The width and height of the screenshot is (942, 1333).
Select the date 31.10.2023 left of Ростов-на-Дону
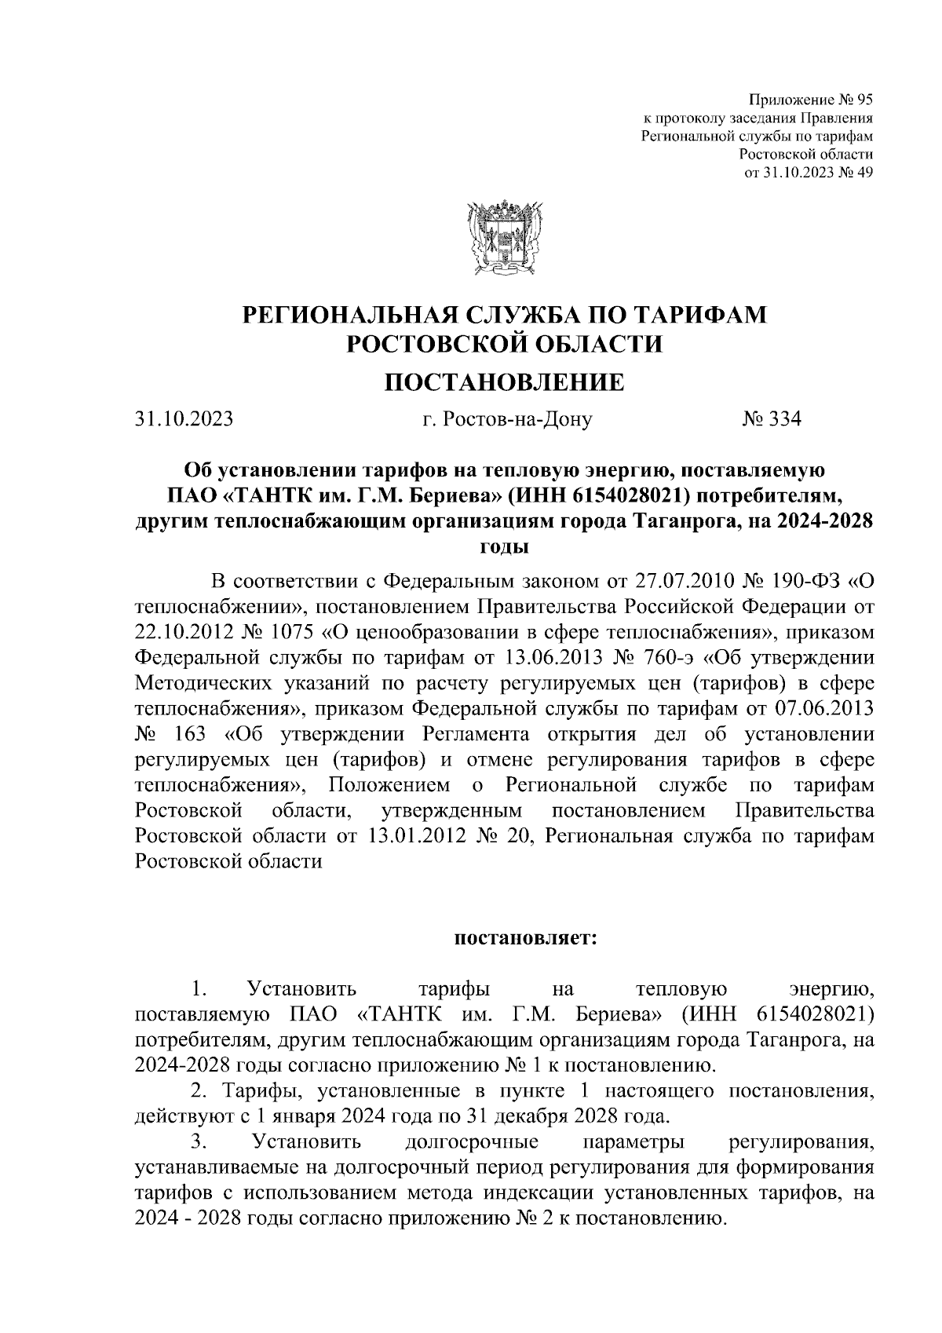184,419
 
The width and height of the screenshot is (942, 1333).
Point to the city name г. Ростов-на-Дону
506,419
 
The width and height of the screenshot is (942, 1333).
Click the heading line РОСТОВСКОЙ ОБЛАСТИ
503,343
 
